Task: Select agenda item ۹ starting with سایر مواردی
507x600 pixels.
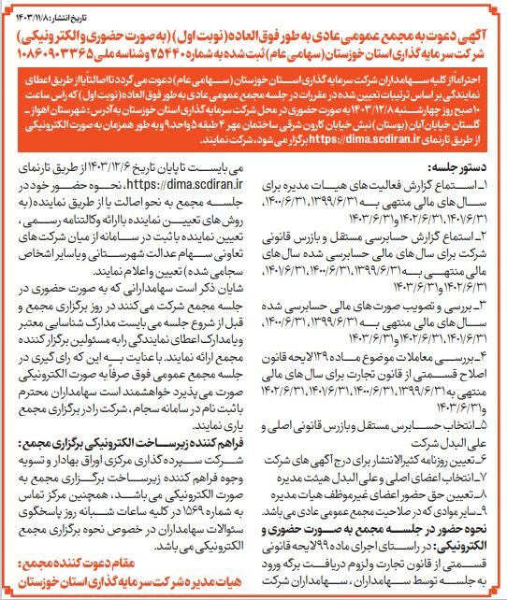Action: pos(402,505)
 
